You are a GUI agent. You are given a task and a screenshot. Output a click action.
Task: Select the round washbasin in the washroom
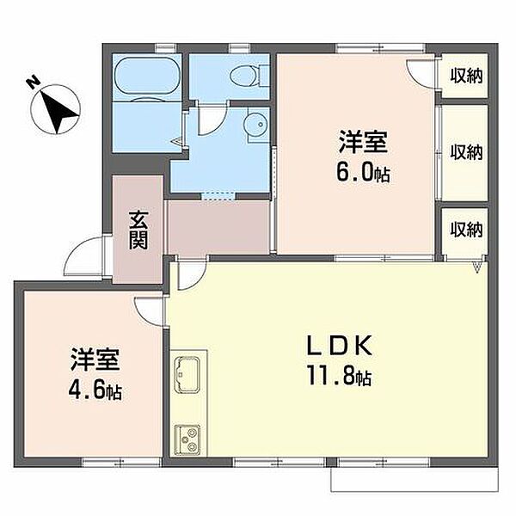(x=256, y=124)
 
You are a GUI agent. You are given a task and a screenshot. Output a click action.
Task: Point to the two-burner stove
(x=187, y=440)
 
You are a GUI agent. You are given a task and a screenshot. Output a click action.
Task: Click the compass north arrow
(x=58, y=111)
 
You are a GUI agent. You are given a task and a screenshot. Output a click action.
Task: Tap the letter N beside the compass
(x=34, y=83)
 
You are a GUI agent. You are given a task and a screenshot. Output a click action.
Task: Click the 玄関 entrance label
(x=138, y=230)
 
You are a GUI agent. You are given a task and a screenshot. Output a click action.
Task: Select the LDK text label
(x=340, y=345)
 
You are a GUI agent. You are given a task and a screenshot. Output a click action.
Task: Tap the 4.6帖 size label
(x=95, y=390)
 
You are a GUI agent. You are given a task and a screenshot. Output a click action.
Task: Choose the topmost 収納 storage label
(x=466, y=76)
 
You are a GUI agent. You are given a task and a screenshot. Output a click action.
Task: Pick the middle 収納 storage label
(x=466, y=152)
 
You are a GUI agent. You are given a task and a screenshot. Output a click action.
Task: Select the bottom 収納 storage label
(x=466, y=230)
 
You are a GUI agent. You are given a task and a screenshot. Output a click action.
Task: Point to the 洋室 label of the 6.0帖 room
(x=363, y=142)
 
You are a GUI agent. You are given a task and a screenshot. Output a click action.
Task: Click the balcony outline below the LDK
(x=414, y=491)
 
